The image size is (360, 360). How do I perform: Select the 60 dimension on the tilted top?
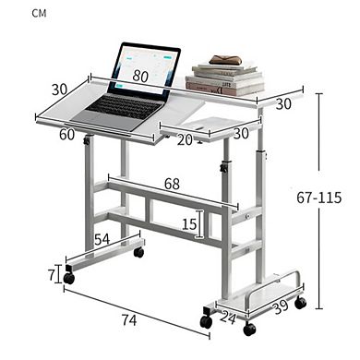(67, 135)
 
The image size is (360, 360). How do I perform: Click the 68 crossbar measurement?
(173, 185)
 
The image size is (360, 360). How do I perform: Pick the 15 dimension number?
(188, 224)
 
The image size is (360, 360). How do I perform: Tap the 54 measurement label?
(103, 239)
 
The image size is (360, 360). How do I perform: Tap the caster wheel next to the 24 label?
(203, 320)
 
